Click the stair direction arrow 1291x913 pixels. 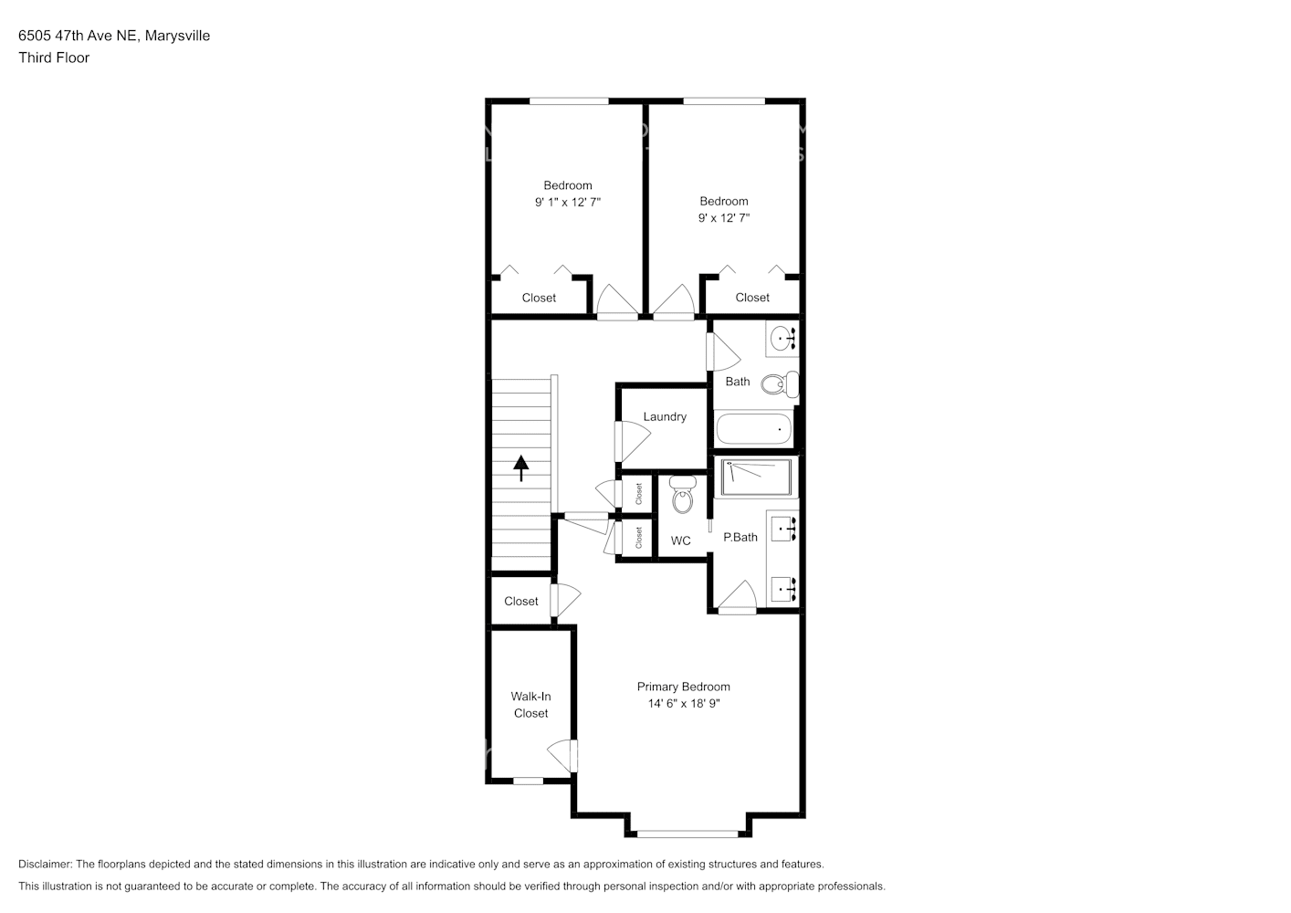coord(521,468)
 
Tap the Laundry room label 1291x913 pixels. coord(665,416)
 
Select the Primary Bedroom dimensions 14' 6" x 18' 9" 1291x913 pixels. coord(684,703)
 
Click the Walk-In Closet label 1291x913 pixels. coord(530,704)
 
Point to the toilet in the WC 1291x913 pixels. coord(683,494)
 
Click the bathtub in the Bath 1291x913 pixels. coord(754,429)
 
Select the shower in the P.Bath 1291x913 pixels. coord(756,477)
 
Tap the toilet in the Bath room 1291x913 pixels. coord(780,383)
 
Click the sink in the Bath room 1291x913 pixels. coord(782,339)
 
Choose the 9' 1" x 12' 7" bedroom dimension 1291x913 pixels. coord(568,203)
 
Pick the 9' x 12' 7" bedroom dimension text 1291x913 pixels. coord(724,218)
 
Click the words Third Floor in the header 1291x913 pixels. coord(54,58)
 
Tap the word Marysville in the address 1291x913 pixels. coord(177,36)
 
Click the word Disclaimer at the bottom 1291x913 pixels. coord(45,864)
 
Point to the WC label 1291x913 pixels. coord(681,540)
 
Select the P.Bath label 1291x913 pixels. coord(740,537)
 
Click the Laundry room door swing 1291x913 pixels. coord(632,441)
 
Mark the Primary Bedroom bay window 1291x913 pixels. coord(687,834)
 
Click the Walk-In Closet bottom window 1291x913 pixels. coord(528,781)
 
